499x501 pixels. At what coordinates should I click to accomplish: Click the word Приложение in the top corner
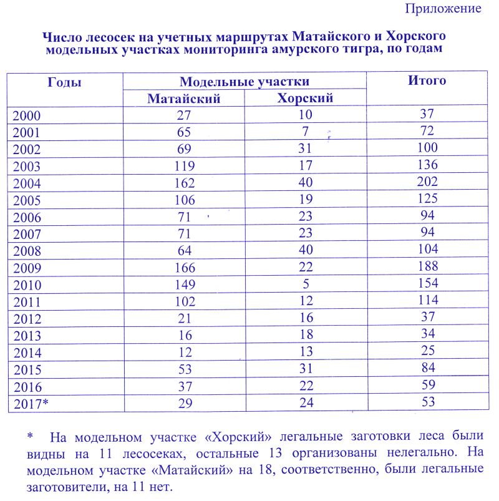click(443, 9)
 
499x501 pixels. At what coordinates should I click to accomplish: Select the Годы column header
click(64, 82)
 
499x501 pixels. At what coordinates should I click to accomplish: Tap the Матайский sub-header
click(184, 98)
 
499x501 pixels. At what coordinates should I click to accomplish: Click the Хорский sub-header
click(305, 98)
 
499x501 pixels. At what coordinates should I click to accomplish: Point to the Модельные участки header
click(245, 82)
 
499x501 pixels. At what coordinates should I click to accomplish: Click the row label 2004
click(27, 183)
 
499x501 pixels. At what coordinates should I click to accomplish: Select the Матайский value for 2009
click(184, 268)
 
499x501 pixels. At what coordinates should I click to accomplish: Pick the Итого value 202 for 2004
click(428, 182)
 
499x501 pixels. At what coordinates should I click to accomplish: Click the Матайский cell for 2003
click(184, 167)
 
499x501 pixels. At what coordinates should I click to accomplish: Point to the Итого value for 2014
click(428, 351)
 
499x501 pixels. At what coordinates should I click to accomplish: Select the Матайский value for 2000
click(184, 115)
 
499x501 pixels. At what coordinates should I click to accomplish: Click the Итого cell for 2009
click(428, 267)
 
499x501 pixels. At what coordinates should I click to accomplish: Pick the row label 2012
click(27, 319)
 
